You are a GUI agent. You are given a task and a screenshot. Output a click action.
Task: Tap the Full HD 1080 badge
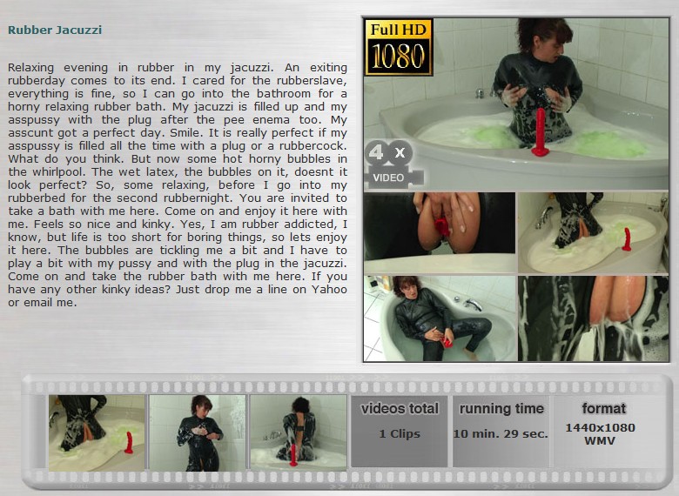[x=399, y=47]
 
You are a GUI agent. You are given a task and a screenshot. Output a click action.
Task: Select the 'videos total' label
[x=400, y=409]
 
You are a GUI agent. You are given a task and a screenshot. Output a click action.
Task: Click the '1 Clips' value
[x=400, y=433]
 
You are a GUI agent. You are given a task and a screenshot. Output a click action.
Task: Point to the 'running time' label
[x=501, y=409]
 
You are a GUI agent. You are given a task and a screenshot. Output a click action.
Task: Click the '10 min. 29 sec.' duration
[x=501, y=433]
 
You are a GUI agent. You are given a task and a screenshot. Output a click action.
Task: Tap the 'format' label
[x=603, y=408]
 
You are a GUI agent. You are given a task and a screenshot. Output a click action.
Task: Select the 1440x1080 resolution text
[x=600, y=427]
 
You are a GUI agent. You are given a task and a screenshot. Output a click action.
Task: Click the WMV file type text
[x=600, y=441]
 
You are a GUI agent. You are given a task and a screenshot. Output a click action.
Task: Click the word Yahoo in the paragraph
[x=329, y=290]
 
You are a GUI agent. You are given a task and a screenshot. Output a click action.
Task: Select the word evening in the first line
[x=85, y=68]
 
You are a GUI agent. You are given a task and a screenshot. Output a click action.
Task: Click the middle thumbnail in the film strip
[x=198, y=432]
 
